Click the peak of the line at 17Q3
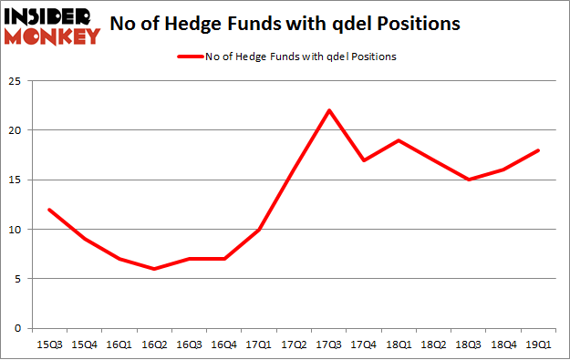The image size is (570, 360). [328, 110]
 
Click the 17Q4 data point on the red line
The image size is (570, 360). [364, 160]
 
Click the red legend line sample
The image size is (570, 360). [193, 57]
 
